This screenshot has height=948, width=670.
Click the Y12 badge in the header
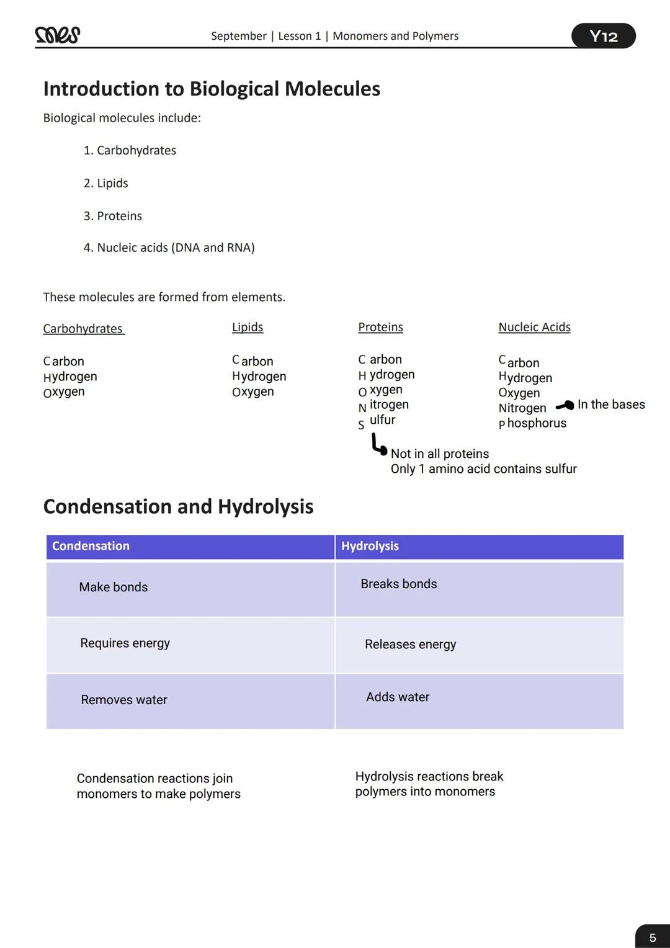(603, 36)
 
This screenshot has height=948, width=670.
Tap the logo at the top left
(58, 35)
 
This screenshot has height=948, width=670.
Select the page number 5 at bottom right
(652, 937)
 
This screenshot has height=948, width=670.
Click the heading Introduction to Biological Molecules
(212, 89)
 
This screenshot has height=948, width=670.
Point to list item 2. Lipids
(105, 183)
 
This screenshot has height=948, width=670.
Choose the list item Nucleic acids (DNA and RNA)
(169, 248)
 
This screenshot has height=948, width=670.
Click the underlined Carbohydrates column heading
(83, 329)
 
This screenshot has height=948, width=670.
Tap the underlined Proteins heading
(380, 327)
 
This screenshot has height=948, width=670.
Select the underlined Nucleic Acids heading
(534, 327)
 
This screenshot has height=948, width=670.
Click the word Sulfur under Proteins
(377, 421)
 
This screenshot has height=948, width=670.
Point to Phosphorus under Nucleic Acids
(532, 423)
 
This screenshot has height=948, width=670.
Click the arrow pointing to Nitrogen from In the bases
(565, 406)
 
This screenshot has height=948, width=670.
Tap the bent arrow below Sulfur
(378, 445)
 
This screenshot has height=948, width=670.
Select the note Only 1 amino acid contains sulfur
(483, 469)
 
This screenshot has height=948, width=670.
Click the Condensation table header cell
(190, 547)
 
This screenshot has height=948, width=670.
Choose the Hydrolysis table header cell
(479, 547)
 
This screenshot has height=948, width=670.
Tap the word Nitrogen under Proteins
(383, 405)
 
